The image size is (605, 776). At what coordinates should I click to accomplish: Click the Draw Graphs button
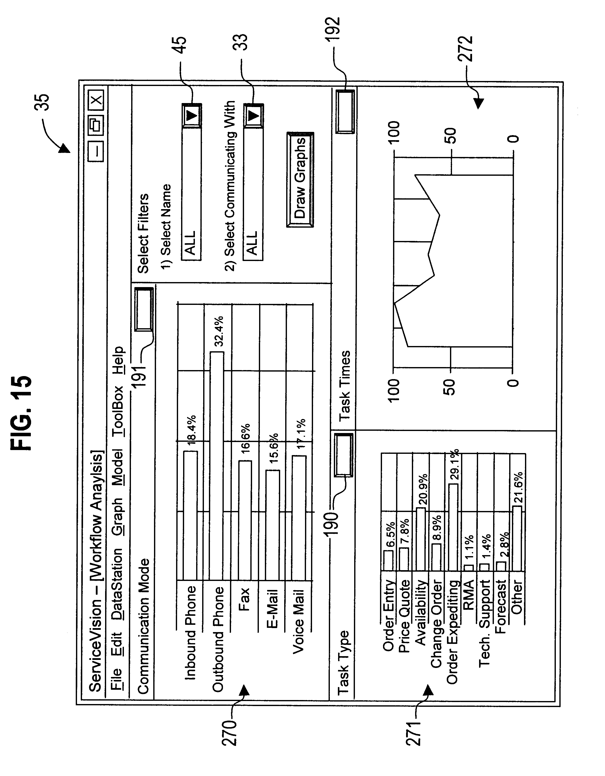(300, 180)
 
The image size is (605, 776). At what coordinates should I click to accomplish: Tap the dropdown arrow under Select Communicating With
(253, 116)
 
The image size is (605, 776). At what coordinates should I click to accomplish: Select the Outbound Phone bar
(217, 465)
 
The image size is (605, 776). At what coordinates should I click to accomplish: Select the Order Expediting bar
(453, 527)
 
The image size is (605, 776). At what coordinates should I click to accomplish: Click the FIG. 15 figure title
(22, 413)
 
